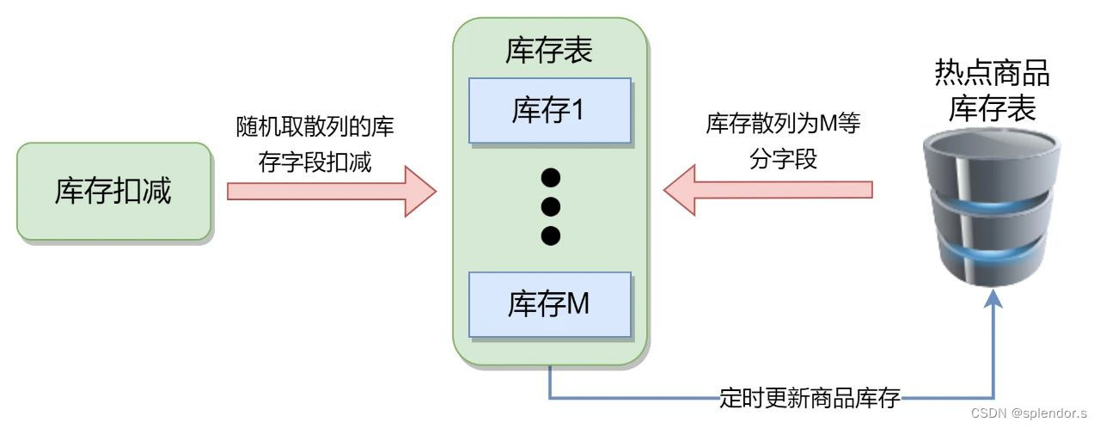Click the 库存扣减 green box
click(113, 191)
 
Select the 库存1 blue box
click(550, 111)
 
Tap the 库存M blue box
click(550, 304)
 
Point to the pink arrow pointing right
click(331, 191)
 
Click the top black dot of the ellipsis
click(551, 178)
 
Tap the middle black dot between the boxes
click(551, 206)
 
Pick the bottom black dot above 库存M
click(551, 235)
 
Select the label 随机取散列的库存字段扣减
click(315, 144)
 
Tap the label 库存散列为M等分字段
click(783, 141)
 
